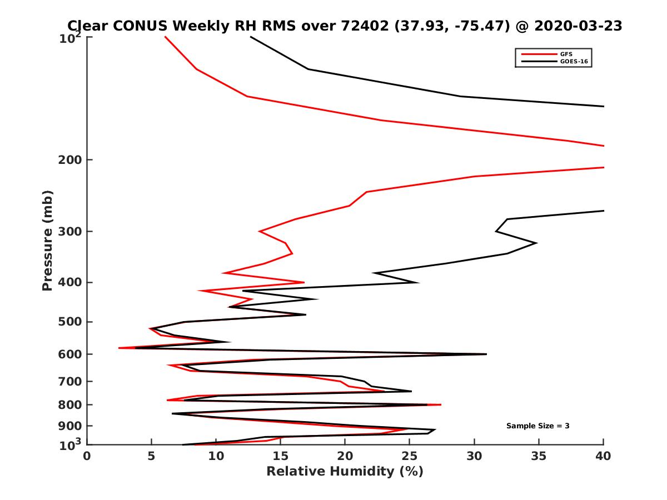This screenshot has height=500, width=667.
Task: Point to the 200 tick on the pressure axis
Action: (71, 160)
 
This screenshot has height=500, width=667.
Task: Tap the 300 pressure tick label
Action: (71, 231)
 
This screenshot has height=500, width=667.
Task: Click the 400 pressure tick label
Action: (71, 282)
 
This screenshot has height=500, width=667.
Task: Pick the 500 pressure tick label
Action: (71, 322)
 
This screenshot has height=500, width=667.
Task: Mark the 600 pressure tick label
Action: (71, 354)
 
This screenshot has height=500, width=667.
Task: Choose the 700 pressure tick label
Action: (71, 381)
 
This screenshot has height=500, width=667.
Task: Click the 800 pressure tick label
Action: (71, 404)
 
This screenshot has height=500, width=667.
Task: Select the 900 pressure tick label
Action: (71, 426)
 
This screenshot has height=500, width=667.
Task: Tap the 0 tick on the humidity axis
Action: (87, 456)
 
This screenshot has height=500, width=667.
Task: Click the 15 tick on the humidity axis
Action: (281, 456)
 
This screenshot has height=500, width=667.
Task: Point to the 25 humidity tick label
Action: (410, 456)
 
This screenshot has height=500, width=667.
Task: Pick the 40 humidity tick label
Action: (603, 456)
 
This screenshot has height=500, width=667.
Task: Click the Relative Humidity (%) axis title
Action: (345, 472)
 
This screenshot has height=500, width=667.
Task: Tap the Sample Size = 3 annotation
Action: (537, 426)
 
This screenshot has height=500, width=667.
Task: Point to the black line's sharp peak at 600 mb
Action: (486, 354)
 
